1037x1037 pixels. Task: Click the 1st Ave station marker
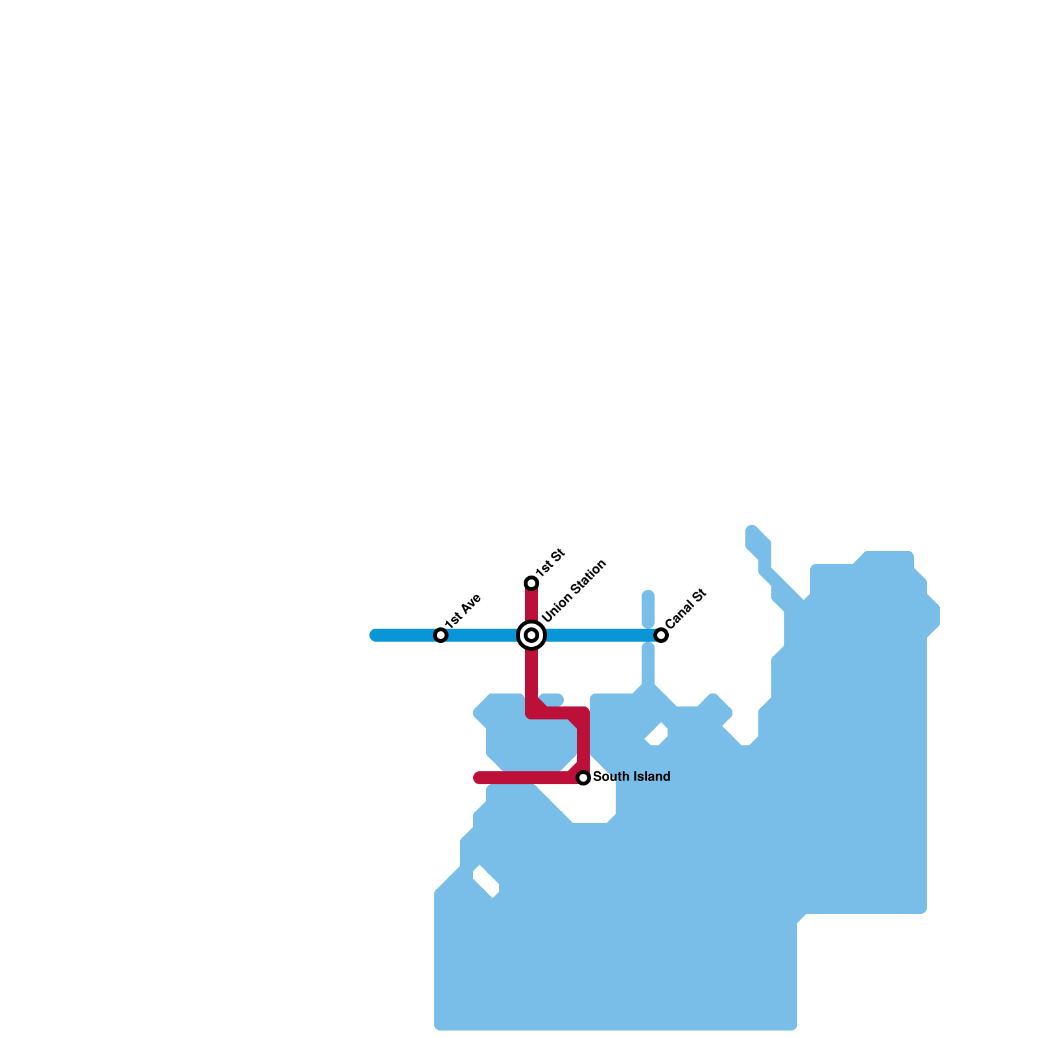pyautogui.click(x=441, y=635)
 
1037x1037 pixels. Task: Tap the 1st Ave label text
pyautogui.click(x=463, y=610)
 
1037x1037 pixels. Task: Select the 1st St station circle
pyautogui.click(x=531, y=583)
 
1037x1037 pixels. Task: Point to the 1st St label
pyautogui.click(x=551, y=561)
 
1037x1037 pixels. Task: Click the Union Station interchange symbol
pyautogui.click(x=531, y=635)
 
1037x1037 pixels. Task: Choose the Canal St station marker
pyautogui.click(x=661, y=635)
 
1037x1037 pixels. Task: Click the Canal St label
pyautogui.click(x=685, y=609)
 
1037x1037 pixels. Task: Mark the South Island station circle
pyautogui.click(x=583, y=778)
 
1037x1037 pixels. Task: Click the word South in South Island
pyautogui.click(x=609, y=776)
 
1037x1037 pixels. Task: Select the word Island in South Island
pyautogui.click(x=649, y=776)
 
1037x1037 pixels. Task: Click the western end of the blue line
pyautogui.click(x=375, y=635)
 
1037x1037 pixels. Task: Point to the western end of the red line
pyautogui.click(x=478, y=778)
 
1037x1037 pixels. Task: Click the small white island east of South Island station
pyautogui.click(x=657, y=735)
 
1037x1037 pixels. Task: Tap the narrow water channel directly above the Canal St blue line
pyautogui.click(x=648, y=609)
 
